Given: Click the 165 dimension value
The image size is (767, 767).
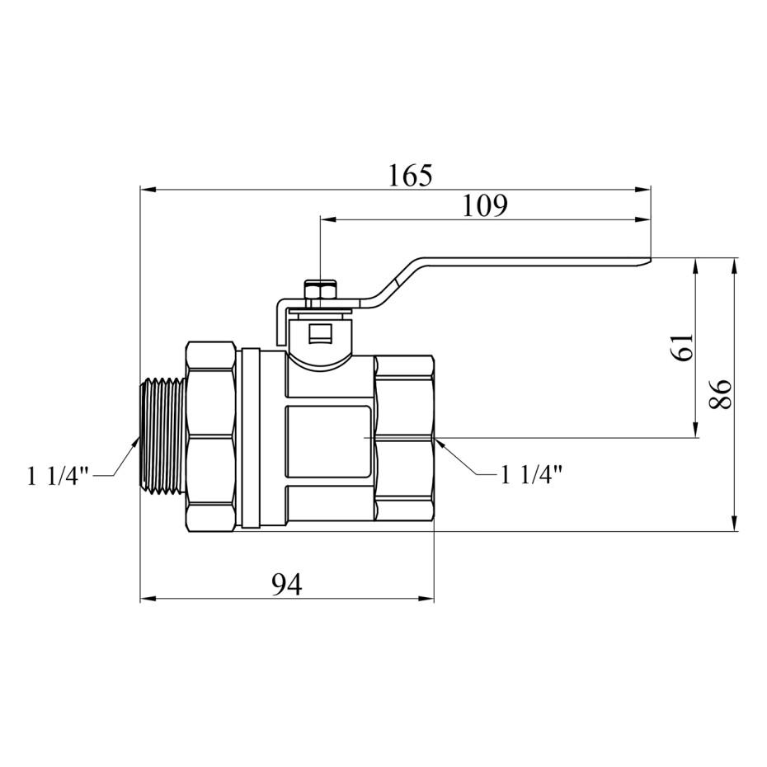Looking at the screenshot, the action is tap(411, 176).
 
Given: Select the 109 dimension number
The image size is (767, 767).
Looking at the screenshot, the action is tap(485, 206).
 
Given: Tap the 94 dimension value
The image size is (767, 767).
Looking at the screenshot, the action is tap(287, 584).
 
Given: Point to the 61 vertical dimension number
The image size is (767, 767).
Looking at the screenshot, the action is tap(683, 347).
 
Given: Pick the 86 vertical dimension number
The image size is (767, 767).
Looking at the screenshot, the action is tap(720, 394).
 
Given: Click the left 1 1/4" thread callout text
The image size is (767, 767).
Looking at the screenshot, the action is tap(59, 476).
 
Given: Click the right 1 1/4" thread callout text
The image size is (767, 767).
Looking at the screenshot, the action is tap(531, 474).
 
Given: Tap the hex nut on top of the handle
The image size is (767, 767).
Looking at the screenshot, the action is tap(320, 289).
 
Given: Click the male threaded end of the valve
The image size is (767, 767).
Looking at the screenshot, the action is tap(162, 434).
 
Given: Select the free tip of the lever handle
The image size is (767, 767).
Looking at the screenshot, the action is tap(651, 259).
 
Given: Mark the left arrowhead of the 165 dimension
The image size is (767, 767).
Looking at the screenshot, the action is tap(148, 190).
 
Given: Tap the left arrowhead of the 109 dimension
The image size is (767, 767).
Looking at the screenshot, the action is tap(327, 219).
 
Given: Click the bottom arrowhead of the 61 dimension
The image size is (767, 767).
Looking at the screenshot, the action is tap(695, 430).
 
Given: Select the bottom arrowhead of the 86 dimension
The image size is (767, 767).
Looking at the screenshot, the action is tap(734, 522).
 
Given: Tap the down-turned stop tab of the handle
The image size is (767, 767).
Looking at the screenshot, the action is tap(280, 322).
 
